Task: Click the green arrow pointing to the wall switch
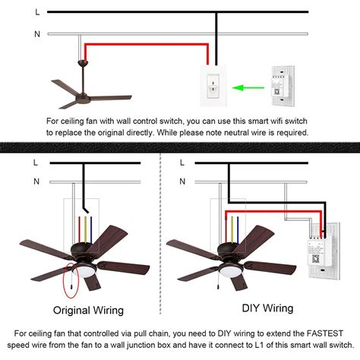click(x=248, y=88)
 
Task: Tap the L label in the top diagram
click(x=37, y=12)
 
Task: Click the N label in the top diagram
click(x=37, y=34)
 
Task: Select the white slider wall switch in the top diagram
click(x=213, y=86)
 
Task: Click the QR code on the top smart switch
click(x=276, y=91)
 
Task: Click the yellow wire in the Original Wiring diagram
click(x=85, y=230)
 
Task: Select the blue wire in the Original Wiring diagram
click(x=91, y=230)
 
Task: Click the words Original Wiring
click(x=88, y=311)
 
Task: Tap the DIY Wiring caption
click(x=267, y=308)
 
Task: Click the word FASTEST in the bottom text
click(x=325, y=333)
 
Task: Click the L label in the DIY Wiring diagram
click(x=182, y=163)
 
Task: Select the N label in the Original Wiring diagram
click(x=36, y=182)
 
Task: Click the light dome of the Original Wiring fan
click(x=85, y=271)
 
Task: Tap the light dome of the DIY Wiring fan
click(x=230, y=271)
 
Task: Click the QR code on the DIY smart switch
click(x=315, y=259)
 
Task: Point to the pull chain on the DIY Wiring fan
click(x=218, y=280)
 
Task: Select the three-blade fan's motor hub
click(x=83, y=99)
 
